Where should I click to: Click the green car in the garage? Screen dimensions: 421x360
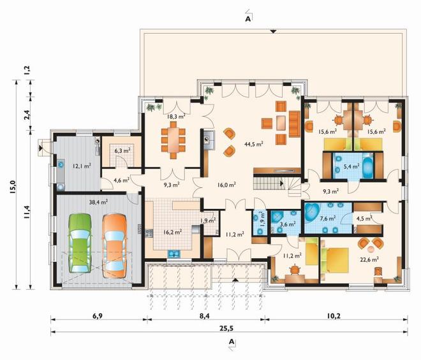point(80,243)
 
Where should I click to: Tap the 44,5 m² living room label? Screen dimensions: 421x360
point(253,144)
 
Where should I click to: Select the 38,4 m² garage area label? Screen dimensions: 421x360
point(98,202)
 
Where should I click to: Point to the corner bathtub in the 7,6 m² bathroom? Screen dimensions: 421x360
point(312,212)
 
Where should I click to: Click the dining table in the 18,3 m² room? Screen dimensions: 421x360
point(173,140)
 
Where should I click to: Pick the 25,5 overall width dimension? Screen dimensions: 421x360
point(228,328)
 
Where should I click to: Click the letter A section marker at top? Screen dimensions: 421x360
point(248,18)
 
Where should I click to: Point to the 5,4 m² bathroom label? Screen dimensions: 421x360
point(351,166)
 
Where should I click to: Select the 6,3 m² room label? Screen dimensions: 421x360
point(122,151)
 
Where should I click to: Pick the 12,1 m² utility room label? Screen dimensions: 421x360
point(82,166)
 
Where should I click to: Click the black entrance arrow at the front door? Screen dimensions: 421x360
point(235,280)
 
